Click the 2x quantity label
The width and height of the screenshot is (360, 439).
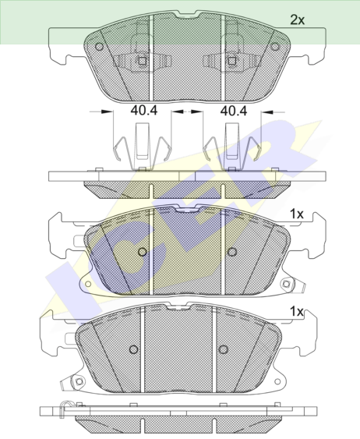[297, 19]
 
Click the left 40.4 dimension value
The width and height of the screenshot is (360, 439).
[144, 111]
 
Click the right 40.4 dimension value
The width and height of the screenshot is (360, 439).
[234, 111]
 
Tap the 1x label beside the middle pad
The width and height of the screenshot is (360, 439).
[297, 214]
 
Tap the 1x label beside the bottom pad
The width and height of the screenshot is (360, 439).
[297, 311]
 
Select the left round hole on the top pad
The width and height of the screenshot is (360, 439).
[99, 47]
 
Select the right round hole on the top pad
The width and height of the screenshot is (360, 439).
[275, 47]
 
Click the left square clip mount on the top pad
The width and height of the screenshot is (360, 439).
[142, 61]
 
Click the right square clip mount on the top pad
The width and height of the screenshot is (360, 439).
[232, 61]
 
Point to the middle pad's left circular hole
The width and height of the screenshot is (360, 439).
[143, 252]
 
